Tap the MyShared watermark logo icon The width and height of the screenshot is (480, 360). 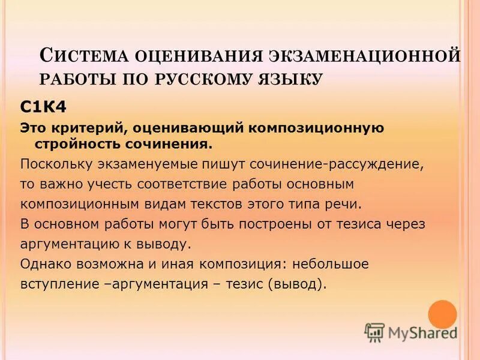[x=374, y=332]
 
